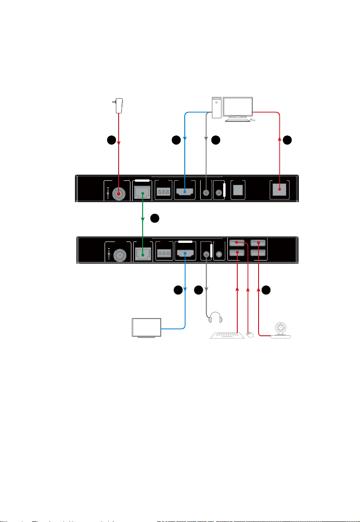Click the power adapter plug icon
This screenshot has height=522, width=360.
coord(119,106)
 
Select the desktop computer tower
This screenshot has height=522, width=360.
coord(218,108)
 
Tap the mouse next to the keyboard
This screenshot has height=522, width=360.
coord(249,334)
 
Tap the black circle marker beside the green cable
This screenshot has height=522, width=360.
coord(155,219)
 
